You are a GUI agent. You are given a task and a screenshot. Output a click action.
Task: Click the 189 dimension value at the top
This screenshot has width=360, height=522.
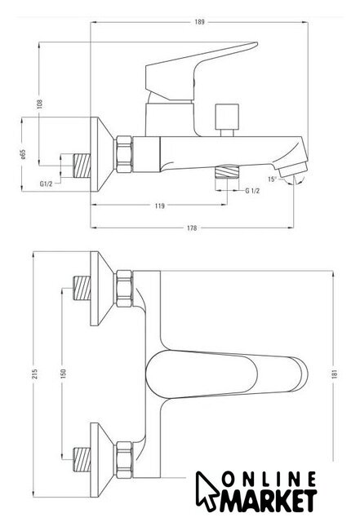pyautogui.click(x=199, y=22)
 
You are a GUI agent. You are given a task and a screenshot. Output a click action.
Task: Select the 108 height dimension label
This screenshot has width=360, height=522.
pyautogui.click(x=40, y=104)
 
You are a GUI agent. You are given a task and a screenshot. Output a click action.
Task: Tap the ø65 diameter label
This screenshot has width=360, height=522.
pyautogui.click(x=23, y=154)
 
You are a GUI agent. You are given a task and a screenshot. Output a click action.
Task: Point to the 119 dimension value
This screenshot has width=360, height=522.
pyautogui.click(x=160, y=206)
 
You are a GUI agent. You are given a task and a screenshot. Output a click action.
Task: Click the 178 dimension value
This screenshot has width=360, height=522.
pyautogui.click(x=192, y=228)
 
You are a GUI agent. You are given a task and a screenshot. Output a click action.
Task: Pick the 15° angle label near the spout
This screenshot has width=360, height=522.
pyautogui.click(x=273, y=179)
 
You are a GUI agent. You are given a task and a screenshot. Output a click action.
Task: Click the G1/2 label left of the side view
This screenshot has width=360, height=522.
pyautogui.click(x=46, y=184)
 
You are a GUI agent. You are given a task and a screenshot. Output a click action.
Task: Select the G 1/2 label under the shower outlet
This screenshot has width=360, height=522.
pyautogui.click(x=252, y=191)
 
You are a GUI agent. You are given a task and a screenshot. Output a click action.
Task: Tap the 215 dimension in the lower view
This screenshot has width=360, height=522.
pyautogui.click(x=35, y=374)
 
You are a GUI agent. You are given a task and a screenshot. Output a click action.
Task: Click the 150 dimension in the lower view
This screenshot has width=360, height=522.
pyautogui.click(x=64, y=374)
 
